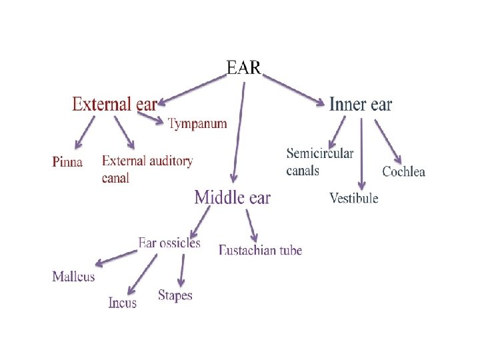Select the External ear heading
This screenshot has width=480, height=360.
114,104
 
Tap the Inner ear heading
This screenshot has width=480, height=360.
361,104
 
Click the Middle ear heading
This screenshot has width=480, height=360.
232,197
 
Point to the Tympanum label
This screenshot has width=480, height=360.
197,123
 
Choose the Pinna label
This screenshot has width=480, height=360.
67,161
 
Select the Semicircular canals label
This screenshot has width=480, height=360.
319,162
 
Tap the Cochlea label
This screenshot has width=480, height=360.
403,172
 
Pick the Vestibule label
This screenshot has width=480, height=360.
354,198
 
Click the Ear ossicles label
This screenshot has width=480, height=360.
169,243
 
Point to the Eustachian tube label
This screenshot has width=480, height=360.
260,251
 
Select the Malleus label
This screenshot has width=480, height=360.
73,276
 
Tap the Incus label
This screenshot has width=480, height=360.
123,303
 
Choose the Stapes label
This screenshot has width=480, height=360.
175,295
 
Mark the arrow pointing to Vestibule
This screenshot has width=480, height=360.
361,153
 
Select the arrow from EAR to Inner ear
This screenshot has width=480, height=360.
293,89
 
